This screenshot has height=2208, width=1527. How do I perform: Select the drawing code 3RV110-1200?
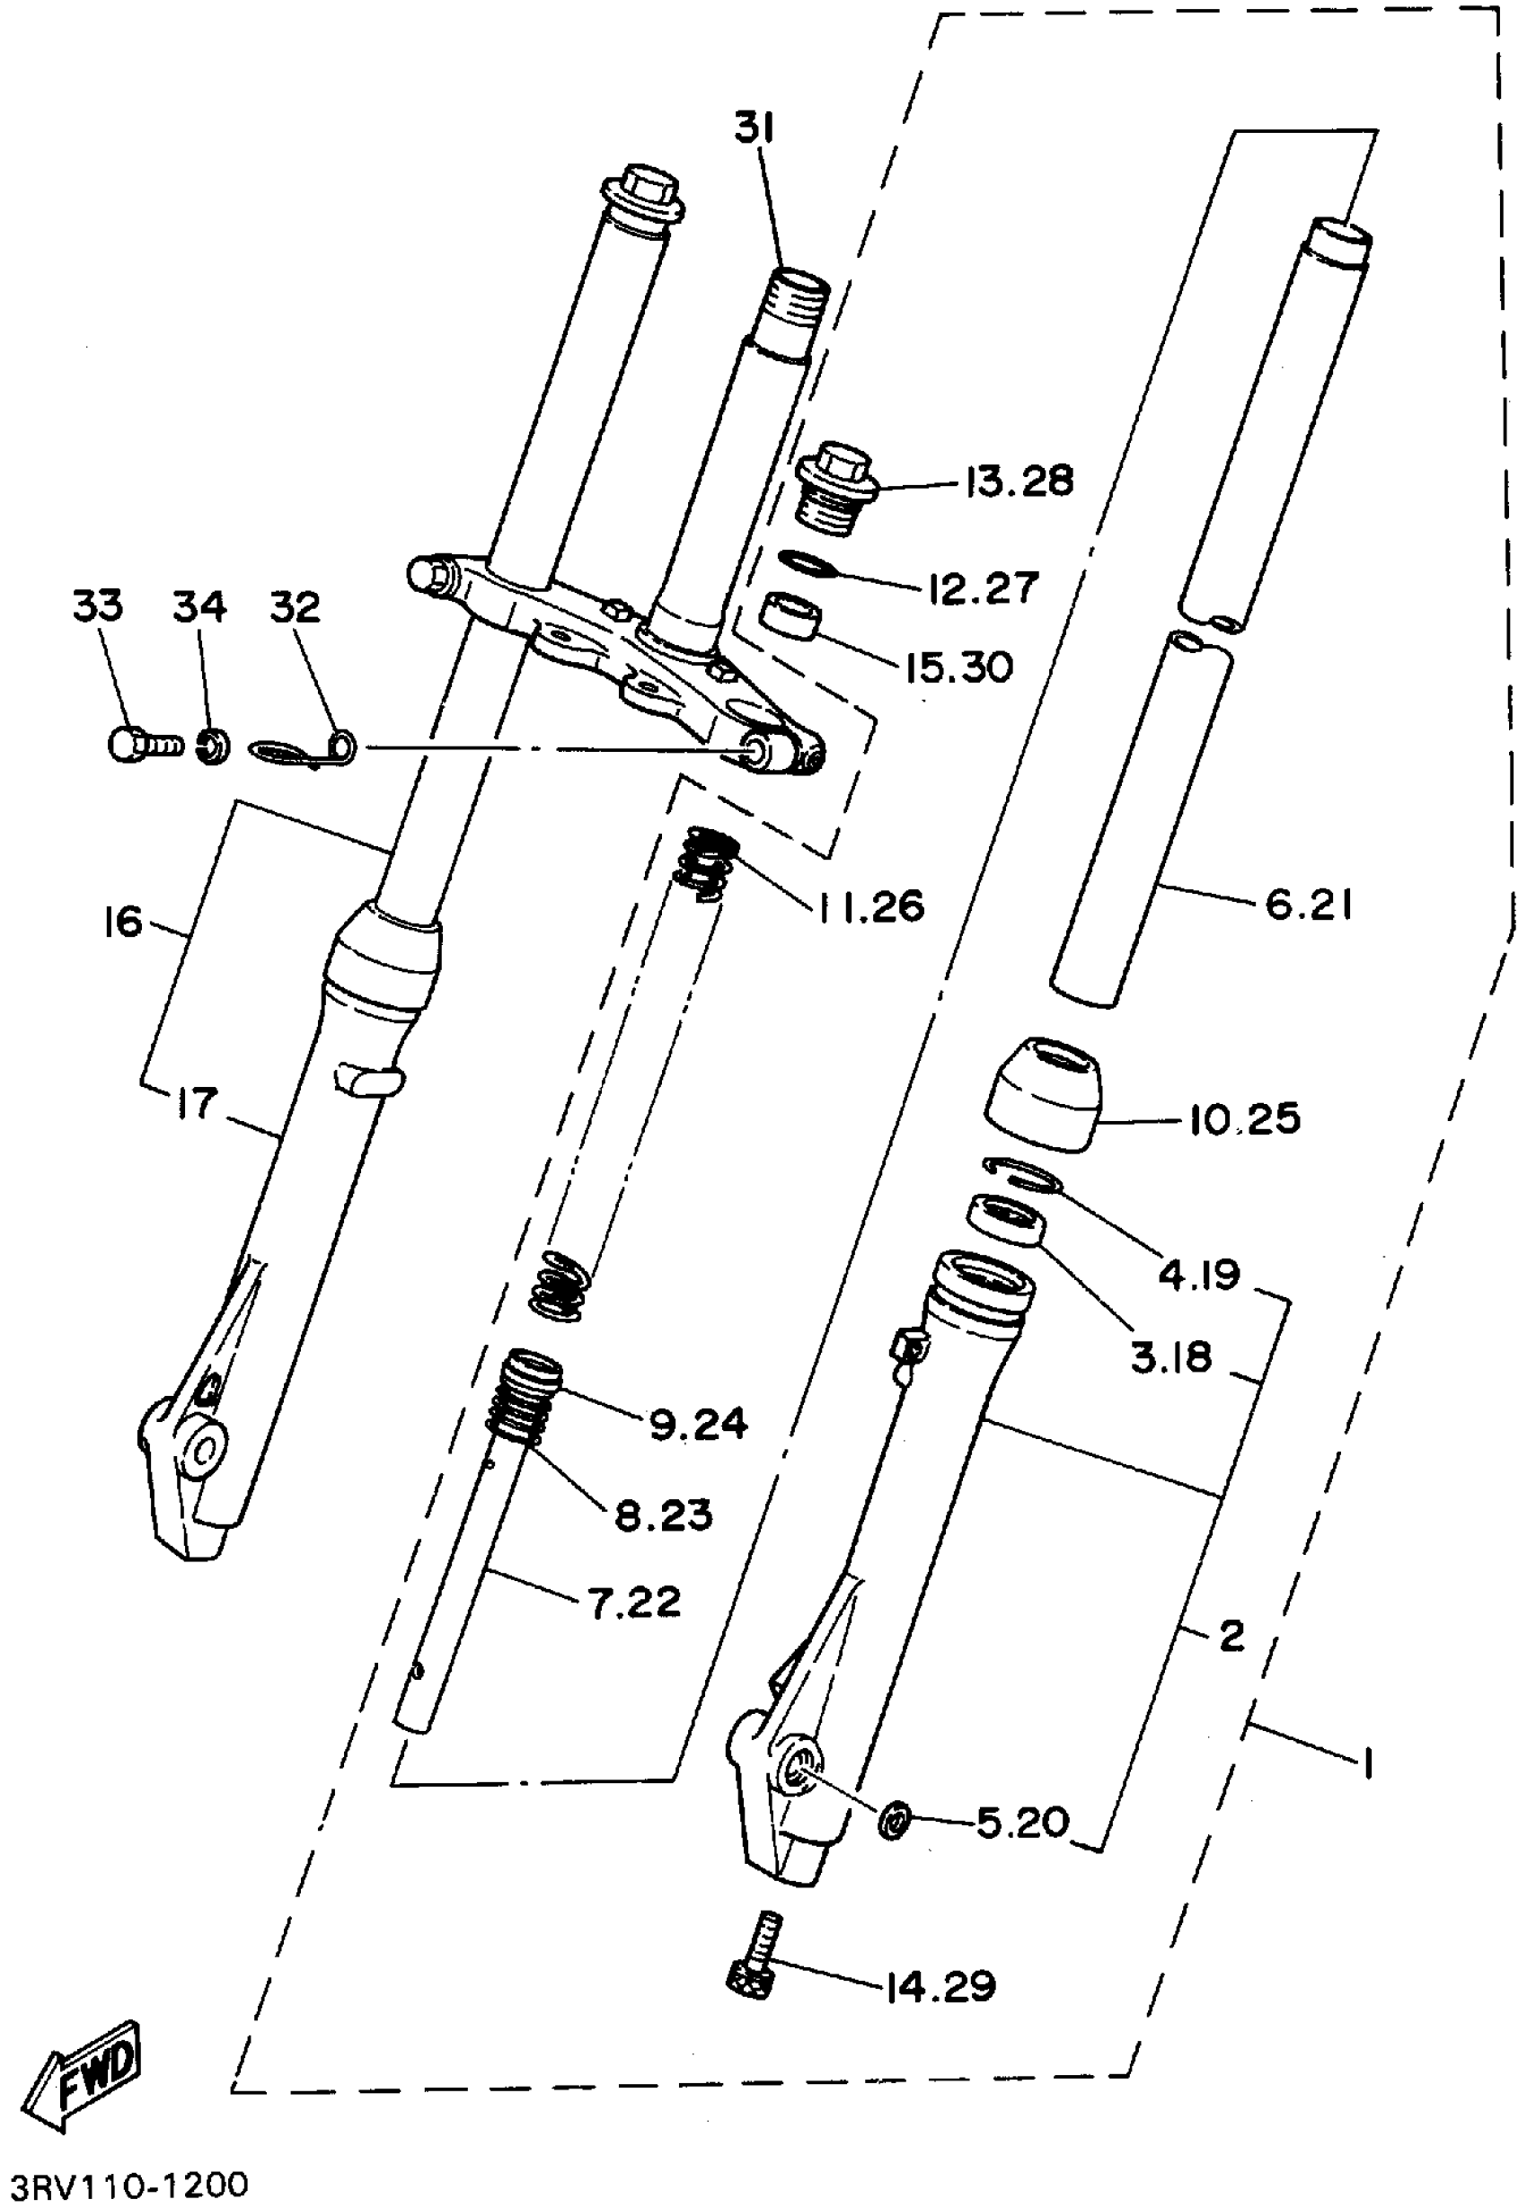coord(129,2184)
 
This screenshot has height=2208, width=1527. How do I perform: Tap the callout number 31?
coord(755,128)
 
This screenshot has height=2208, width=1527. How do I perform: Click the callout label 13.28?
coord(1019,481)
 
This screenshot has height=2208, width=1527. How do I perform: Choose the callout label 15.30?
coord(958,667)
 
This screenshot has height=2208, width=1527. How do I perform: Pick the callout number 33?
coord(98,605)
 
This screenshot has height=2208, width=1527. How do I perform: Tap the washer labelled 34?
coord(212,746)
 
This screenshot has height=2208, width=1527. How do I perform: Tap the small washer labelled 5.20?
coord(894,1819)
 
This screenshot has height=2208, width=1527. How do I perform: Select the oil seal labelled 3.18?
coord(1005,1219)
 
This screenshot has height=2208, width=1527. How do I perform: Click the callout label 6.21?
coord(1308,904)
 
